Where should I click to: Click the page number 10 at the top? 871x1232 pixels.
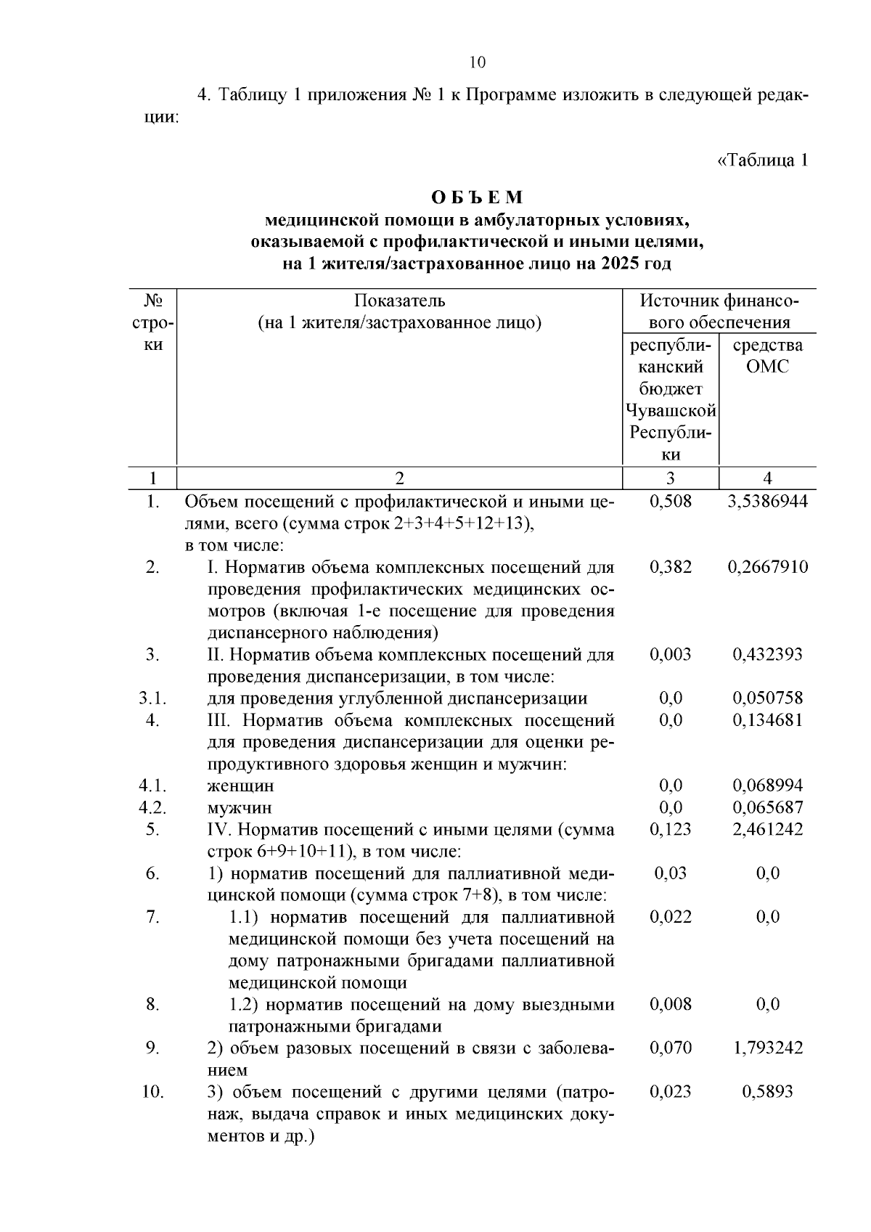click(477, 62)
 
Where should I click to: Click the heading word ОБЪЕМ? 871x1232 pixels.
click(477, 197)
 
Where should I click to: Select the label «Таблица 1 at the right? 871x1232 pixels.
click(762, 160)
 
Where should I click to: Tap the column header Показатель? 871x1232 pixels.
click(400, 301)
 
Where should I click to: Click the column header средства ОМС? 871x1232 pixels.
click(768, 355)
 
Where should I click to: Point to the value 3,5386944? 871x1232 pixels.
click(768, 501)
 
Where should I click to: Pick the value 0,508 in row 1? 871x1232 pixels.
click(671, 501)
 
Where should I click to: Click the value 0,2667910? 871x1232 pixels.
click(768, 567)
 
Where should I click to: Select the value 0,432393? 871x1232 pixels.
click(768, 654)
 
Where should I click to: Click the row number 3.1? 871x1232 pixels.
click(153, 698)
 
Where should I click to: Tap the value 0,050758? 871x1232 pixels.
click(768, 698)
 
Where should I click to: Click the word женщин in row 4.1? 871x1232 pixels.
click(240, 786)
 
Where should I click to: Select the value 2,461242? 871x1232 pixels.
click(768, 829)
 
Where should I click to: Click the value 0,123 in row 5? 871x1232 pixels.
click(671, 829)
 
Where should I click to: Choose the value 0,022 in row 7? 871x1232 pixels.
click(671, 917)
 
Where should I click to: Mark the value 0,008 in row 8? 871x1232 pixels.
click(671, 1004)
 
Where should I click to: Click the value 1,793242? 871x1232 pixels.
click(768, 1048)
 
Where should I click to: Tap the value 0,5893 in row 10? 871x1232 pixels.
click(768, 1091)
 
